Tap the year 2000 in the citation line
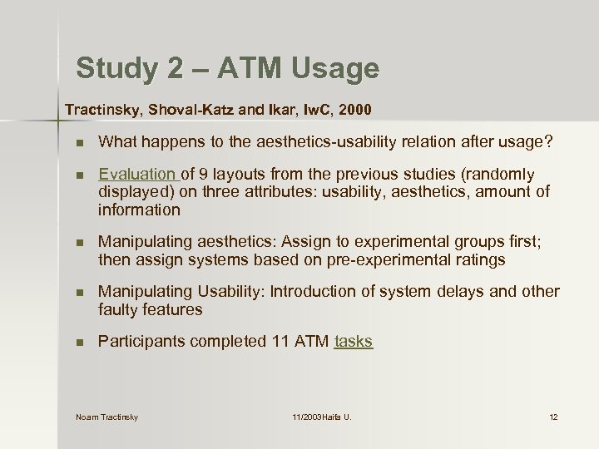click(355, 110)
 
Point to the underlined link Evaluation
click(137, 175)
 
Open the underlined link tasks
click(353, 342)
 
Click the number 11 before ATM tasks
click(280, 342)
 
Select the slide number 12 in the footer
click(553, 417)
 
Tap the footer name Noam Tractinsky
click(106, 417)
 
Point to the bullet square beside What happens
click(79, 143)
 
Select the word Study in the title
click(114, 68)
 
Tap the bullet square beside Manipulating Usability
click(79, 293)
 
